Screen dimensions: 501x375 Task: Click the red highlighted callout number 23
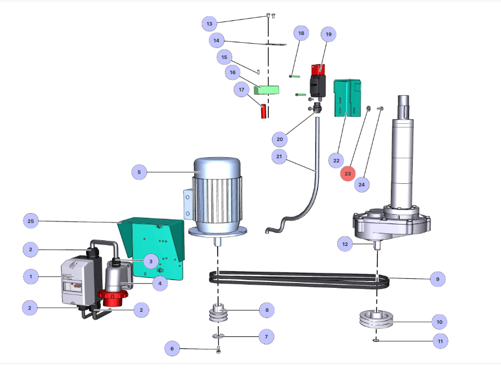coord(348,173)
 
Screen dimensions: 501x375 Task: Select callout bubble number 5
coord(139,172)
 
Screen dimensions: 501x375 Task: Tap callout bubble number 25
coord(31,221)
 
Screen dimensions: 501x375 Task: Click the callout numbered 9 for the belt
coord(437,279)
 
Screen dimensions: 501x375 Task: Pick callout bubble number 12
coord(345,244)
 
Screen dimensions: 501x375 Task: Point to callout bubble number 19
coord(328,34)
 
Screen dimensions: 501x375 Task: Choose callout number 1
coord(31,276)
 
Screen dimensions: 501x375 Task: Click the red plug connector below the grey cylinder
coord(113,298)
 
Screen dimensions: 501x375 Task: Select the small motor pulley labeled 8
coord(218,313)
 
